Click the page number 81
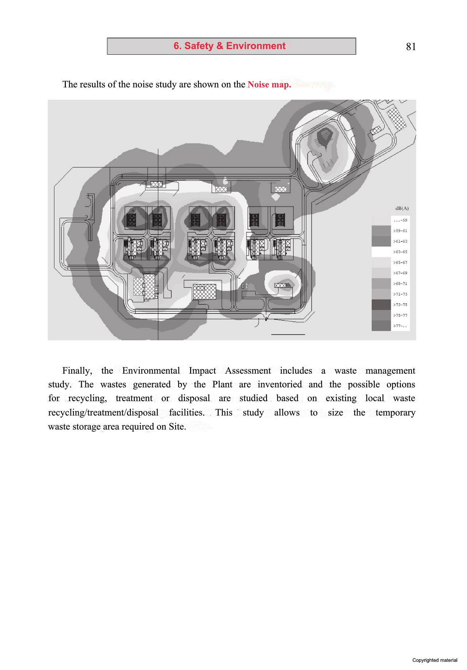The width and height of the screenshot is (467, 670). [411, 47]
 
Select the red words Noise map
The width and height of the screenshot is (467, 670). [269, 84]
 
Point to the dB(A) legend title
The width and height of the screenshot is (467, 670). [402, 208]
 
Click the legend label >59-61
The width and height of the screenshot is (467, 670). [400, 231]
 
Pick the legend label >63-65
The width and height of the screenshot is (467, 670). [400, 252]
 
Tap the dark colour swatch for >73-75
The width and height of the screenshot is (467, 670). [381, 305]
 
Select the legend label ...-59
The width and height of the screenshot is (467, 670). [400, 220]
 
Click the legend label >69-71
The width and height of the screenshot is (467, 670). [400, 284]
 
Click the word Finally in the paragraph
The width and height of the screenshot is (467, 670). [77, 371]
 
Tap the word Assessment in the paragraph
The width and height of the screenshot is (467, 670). [248, 371]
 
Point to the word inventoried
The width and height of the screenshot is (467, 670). [279, 384]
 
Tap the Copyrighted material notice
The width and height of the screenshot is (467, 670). [435, 660]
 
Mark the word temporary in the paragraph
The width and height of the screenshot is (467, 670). [395, 413]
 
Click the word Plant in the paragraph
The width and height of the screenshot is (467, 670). [222, 384]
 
